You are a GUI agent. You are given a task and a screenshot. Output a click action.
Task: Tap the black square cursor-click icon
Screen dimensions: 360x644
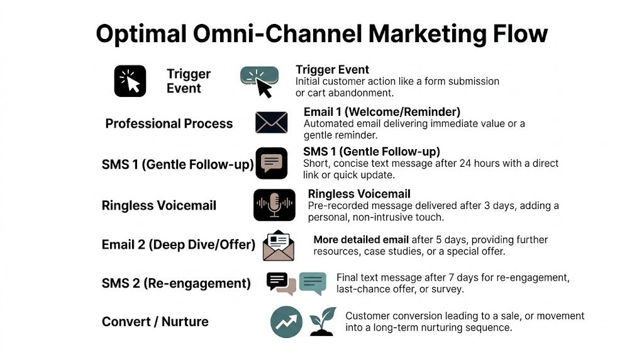point(130,81)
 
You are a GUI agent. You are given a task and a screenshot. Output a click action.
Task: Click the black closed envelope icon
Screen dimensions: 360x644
point(271,122)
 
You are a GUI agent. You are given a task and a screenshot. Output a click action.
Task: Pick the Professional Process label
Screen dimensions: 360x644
point(169,123)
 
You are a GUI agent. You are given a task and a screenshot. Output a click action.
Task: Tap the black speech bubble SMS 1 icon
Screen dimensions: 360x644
point(272,164)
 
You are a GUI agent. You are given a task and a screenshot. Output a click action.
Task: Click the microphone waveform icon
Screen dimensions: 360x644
point(274,205)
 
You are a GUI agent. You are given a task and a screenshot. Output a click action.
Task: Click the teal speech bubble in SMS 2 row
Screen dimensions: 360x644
point(313,283)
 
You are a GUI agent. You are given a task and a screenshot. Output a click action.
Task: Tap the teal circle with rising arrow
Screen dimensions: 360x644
point(286,322)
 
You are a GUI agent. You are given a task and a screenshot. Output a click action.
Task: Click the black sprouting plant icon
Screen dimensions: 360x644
point(323,322)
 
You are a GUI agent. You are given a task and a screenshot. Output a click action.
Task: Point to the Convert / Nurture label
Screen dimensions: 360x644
point(155,322)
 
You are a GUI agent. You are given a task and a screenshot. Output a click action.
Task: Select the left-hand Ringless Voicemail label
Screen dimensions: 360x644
point(158,206)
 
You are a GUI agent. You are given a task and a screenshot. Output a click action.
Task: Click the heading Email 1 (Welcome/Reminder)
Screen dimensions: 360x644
point(382,112)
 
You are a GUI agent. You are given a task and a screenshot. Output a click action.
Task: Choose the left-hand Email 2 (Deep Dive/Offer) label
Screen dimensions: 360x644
point(178,245)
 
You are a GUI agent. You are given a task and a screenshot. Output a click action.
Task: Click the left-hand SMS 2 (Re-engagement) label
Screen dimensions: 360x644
point(176,283)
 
